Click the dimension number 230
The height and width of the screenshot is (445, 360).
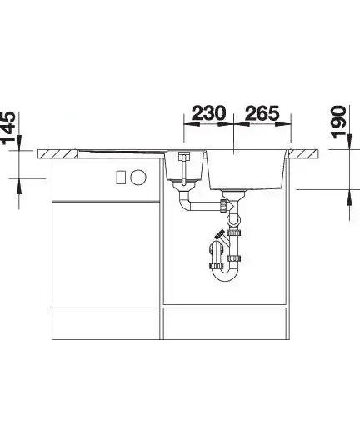coord(209,113)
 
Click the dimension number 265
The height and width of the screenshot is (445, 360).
coord(262,113)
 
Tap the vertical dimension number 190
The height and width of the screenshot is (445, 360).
coord(338,122)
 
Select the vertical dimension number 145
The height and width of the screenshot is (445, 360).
coord(7,127)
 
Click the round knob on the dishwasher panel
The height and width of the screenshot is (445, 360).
coord(138,177)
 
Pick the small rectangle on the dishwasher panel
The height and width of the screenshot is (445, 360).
coord(121,177)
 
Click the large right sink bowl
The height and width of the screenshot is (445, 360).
coord(246,169)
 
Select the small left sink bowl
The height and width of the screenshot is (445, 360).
coord(184,166)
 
